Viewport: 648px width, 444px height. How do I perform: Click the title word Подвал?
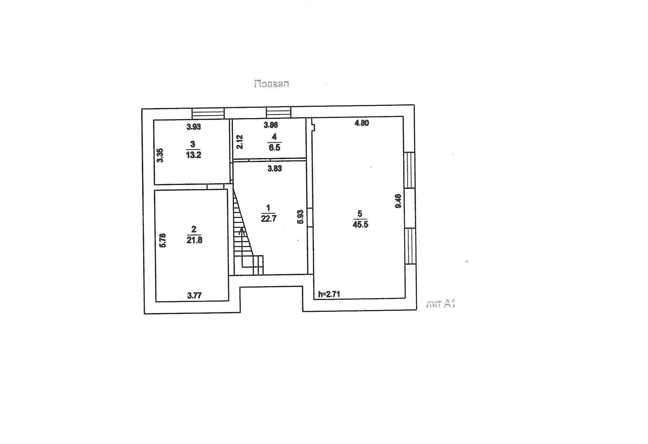coord(271,84)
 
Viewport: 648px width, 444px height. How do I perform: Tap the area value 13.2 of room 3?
coord(193,155)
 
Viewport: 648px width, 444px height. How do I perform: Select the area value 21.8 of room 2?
coord(194,240)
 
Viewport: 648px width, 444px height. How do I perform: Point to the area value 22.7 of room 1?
coord(269,218)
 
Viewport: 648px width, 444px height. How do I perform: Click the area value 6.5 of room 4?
coord(274,147)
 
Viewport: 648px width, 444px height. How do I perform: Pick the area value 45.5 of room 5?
coord(360,225)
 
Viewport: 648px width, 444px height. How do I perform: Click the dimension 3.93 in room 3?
coord(194,127)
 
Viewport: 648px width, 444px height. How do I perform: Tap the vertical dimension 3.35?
coord(160,155)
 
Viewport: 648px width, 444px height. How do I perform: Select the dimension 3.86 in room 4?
coord(271,125)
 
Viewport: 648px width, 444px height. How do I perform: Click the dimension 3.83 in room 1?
coord(274,169)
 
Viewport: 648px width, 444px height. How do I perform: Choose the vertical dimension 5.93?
coord(300,217)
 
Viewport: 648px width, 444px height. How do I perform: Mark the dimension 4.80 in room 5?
coord(361,123)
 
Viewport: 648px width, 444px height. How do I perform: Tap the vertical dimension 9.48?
coord(398,201)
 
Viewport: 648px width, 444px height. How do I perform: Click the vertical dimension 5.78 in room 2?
coord(163,241)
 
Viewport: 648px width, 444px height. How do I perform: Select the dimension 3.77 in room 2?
coord(194,296)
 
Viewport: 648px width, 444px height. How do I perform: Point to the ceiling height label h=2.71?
coord(329,294)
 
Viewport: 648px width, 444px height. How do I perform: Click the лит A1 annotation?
coord(441,304)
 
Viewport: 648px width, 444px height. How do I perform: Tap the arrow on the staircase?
coord(242,232)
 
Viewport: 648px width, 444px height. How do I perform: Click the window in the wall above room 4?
coord(278,112)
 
